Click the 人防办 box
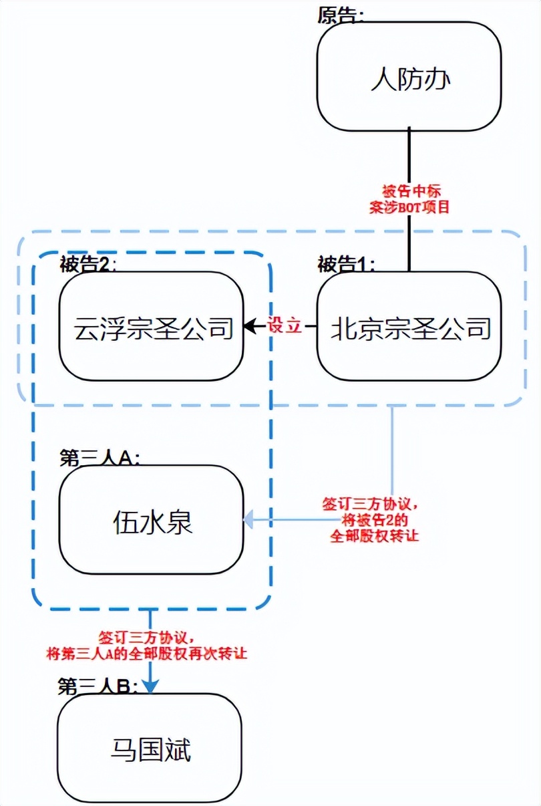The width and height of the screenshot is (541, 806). click(x=409, y=81)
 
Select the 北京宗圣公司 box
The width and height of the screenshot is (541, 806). click(x=409, y=328)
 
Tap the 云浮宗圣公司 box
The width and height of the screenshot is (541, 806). click(x=153, y=328)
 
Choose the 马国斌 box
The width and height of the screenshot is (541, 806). click(x=150, y=750)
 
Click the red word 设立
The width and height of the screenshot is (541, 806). click(x=285, y=327)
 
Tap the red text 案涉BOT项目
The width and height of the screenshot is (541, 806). click(x=409, y=207)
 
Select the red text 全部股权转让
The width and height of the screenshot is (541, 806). click(x=373, y=535)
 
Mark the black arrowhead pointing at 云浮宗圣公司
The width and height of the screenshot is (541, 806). click(x=250, y=327)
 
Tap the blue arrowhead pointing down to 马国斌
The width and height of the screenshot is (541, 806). click(x=151, y=686)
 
